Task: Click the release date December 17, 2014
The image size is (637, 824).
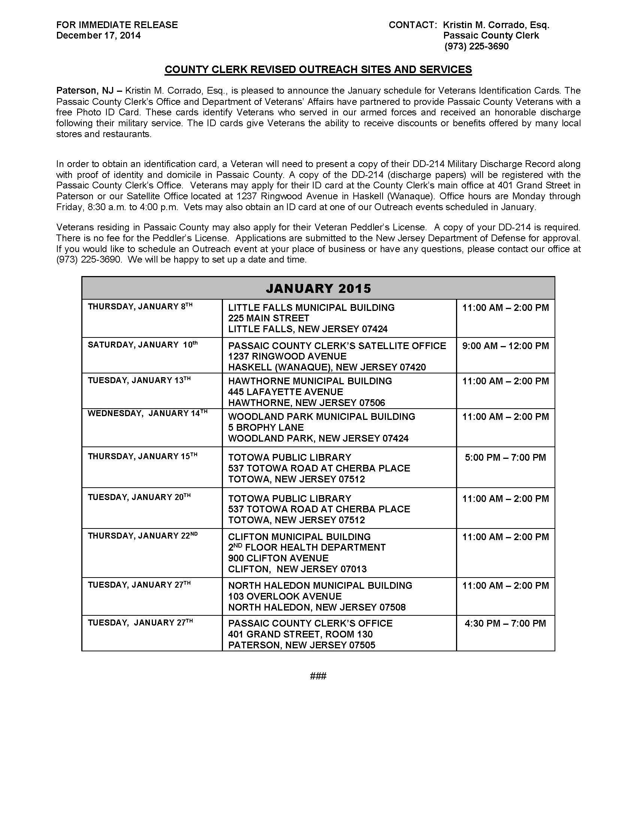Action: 98,36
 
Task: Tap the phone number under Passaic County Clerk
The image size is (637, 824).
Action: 476,46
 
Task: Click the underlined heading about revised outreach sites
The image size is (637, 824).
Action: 318,70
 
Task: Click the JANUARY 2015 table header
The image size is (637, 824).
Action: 318,288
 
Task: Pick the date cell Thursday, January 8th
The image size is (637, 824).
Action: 140,307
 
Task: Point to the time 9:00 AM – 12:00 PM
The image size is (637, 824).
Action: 505,346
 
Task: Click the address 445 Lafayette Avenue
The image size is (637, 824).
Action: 285,392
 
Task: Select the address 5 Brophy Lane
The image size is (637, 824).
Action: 266,427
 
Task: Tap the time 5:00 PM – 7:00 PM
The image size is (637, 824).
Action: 505,457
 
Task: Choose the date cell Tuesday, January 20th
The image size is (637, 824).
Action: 139,497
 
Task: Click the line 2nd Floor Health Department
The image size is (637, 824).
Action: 307,548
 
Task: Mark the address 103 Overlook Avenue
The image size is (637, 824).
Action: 284,597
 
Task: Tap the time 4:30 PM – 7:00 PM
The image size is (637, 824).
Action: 505,623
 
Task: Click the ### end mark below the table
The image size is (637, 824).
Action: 318,676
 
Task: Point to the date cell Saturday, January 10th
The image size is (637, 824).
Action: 143,345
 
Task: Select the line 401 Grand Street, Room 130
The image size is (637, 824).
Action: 300,634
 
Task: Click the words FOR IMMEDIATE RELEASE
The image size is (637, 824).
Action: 117,25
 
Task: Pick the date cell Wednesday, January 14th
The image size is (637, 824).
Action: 148,413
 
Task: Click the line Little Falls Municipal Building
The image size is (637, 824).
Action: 311,308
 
